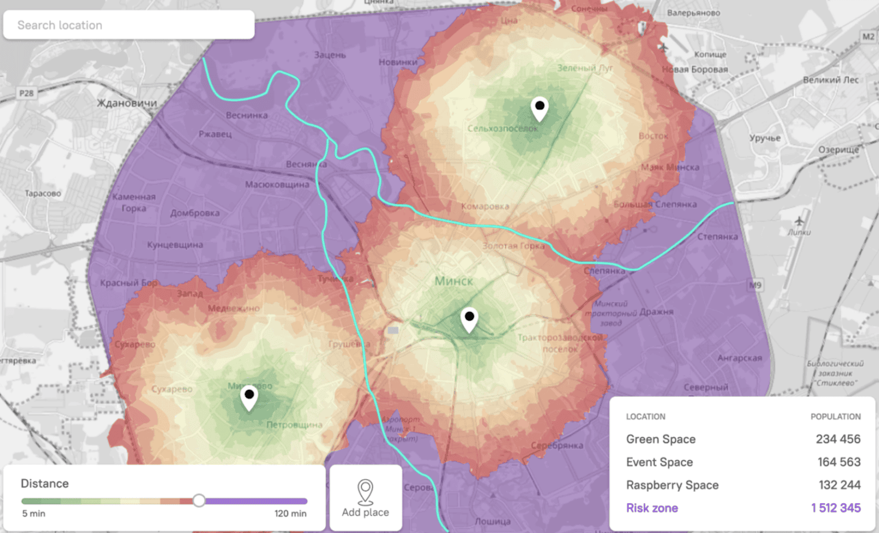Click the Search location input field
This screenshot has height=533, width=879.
coord(128,25)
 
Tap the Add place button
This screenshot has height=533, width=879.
coord(366,498)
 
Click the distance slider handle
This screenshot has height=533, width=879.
coord(199,500)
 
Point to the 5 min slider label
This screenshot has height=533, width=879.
coord(34,514)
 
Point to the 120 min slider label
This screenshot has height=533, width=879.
coord(290,514)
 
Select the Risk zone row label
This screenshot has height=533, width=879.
coord(652,508)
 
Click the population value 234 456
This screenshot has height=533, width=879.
coord(838,439)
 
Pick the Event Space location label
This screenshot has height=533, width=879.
coord(659,462)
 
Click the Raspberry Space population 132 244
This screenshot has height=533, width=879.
coord(839,485)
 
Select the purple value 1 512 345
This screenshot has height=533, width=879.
coord(836,508)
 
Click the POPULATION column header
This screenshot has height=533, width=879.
coord(835,417)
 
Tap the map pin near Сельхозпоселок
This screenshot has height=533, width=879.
coord(539,108)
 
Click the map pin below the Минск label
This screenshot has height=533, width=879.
coord(469,319)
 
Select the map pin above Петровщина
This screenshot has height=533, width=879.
coord(249,397)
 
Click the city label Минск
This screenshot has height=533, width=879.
coord(454,281)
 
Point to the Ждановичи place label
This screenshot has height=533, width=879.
coord(126,103)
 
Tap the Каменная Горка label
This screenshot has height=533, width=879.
coord(134,202)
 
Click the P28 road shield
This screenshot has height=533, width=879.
coord(26,93)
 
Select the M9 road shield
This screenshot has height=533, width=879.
coord(755,285)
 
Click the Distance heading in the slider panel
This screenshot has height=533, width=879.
coord(45,483)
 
